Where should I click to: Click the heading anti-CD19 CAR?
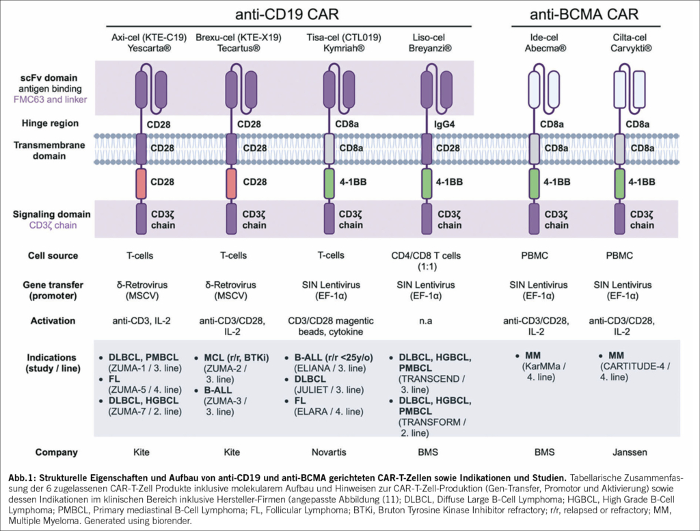[286, 14]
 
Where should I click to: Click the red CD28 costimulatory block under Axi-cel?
[141, 183]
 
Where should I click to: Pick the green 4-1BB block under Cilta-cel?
[620, 183]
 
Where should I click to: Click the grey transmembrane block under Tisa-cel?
[329, 148]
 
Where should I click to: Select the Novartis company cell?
[332, 452]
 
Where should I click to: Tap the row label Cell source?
[53, 256]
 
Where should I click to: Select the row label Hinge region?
[49, 123]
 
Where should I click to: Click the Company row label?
[53, 452]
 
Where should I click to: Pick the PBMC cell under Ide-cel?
[536, 256]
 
